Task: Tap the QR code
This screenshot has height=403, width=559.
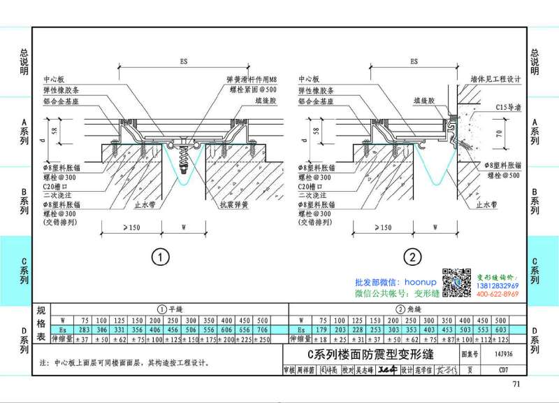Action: [451, 281]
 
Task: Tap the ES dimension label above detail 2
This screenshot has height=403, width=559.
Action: [414, 62]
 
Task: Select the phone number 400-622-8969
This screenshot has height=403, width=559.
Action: [502, 295]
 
